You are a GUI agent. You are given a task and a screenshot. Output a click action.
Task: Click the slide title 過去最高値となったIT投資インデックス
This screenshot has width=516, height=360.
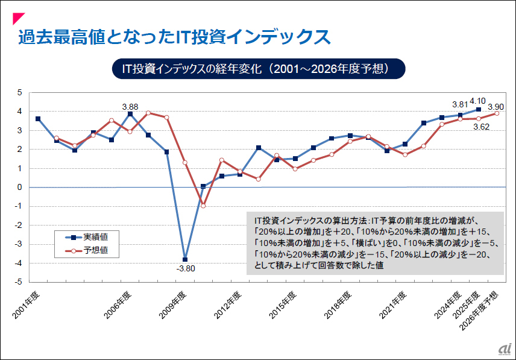pos(175,37)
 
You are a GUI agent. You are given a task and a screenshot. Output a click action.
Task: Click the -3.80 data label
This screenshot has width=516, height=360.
pos(184,269)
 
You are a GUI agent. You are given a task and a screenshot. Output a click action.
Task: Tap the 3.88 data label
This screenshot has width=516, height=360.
pos(130,106)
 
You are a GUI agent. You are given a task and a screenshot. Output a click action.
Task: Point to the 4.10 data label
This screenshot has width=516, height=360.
pos(477,101)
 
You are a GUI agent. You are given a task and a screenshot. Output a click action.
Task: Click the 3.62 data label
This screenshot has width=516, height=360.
pos(480,127)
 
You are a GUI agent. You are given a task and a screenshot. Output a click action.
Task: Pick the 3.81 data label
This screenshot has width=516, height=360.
pos(460,104)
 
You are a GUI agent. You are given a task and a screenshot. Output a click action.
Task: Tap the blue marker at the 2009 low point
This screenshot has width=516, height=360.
pos(185,259)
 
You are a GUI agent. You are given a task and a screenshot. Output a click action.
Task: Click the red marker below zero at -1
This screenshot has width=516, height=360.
pos(203,206)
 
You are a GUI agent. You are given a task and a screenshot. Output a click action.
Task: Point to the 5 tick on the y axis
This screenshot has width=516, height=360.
pos(19,92)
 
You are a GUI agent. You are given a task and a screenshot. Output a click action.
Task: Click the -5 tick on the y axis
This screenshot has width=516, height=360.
pos(18,282)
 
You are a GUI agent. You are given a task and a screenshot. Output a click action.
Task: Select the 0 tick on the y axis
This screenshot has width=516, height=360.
pos(19,187)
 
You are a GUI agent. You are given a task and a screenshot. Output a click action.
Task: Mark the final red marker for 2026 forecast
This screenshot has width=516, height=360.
pos(497,113)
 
